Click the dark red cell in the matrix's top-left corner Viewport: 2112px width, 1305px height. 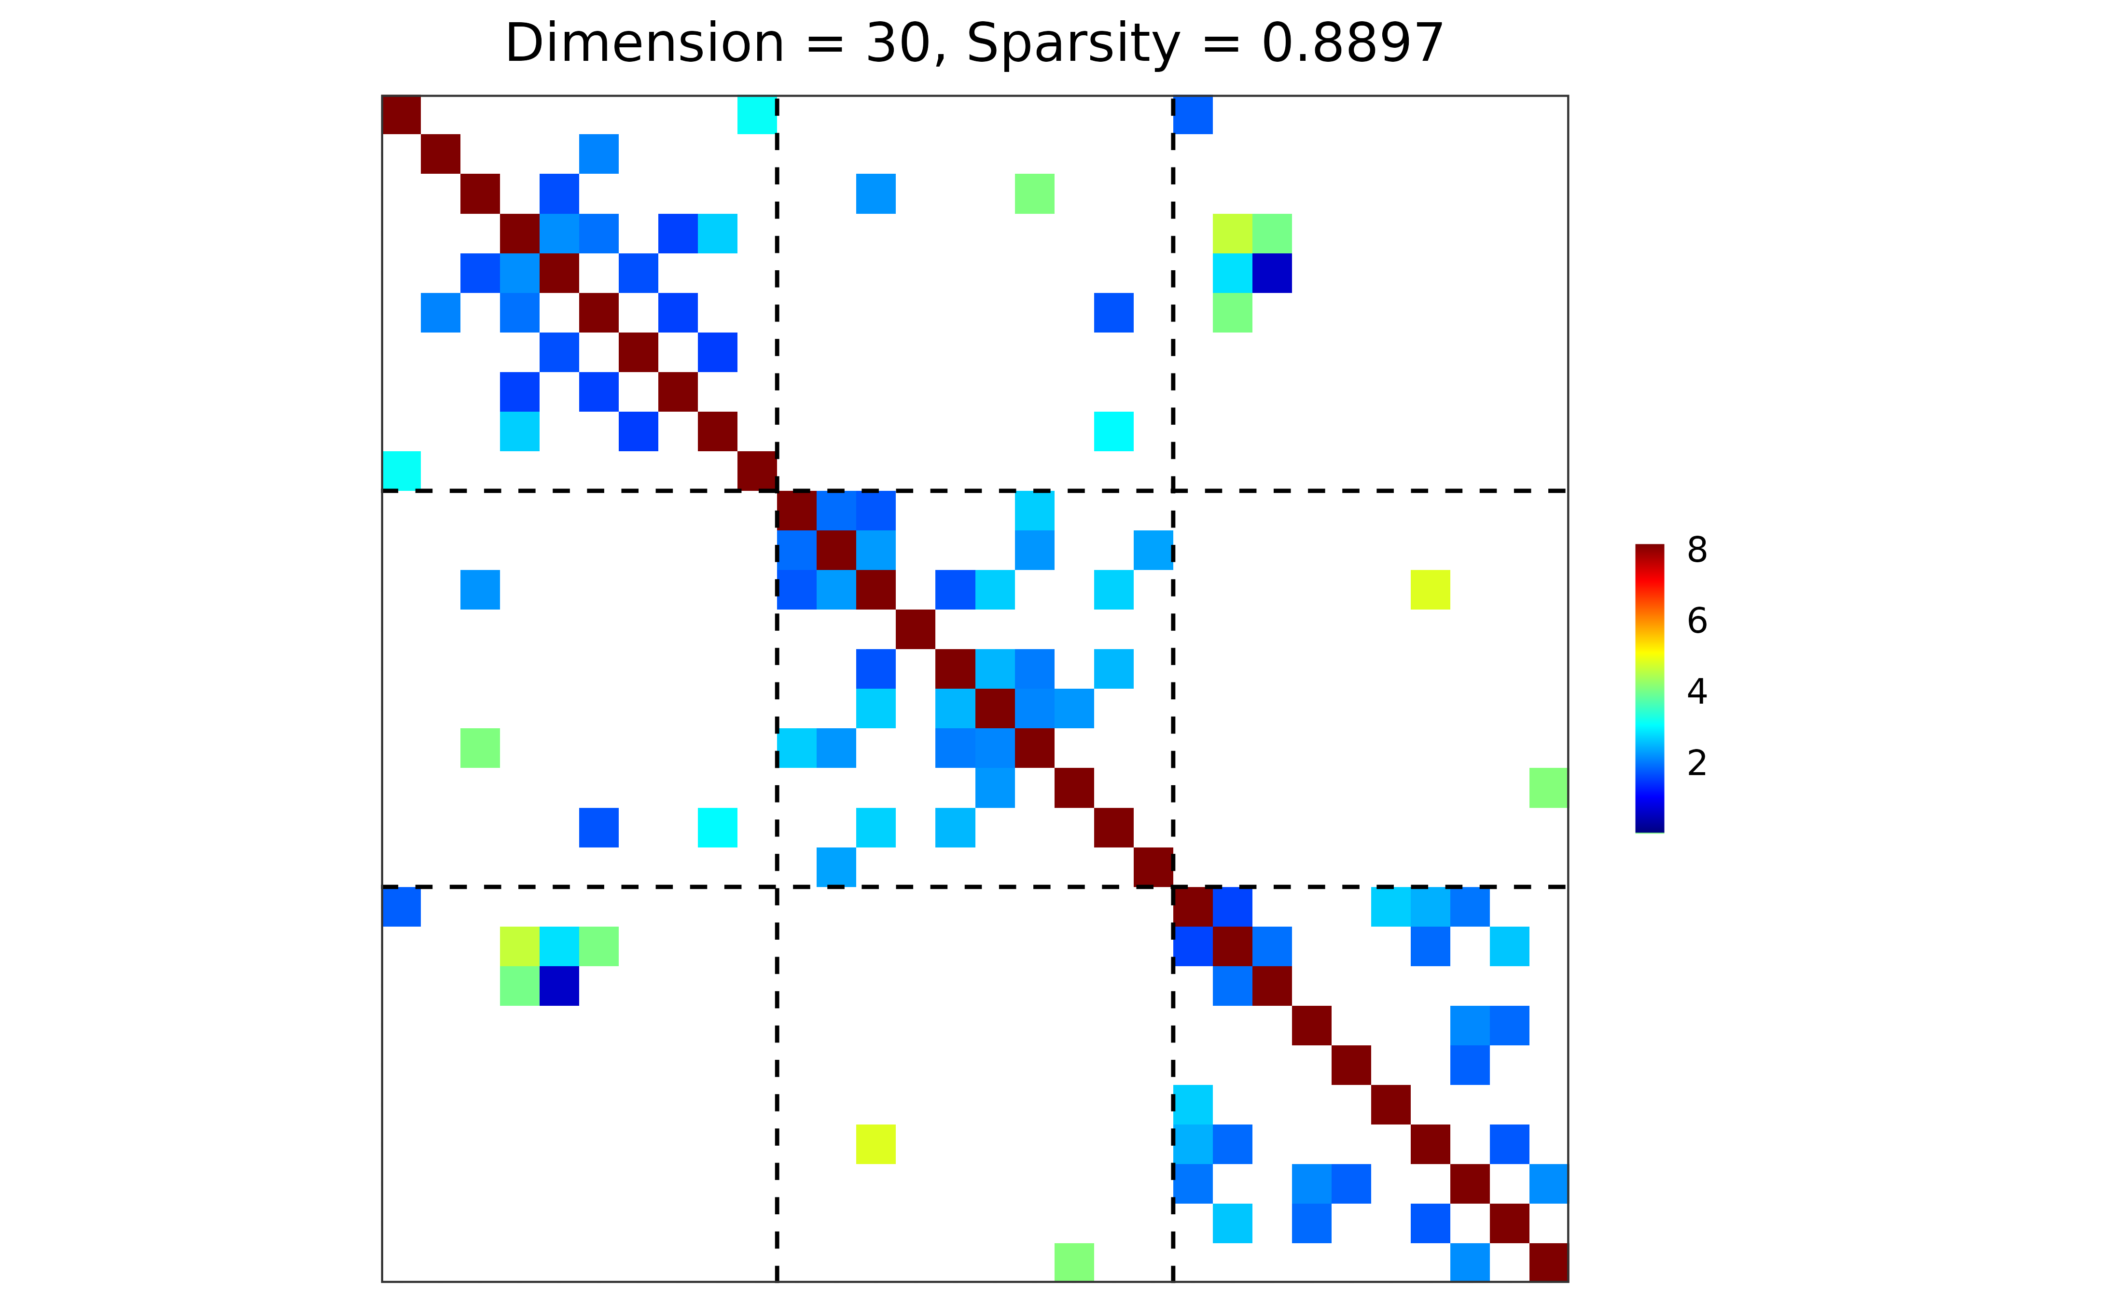402,115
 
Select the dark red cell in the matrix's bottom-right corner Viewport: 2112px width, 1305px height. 1548,1262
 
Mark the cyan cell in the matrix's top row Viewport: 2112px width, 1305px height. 757,115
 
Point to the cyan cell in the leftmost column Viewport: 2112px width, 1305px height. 402,471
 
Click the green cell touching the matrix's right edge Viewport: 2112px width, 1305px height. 1548,787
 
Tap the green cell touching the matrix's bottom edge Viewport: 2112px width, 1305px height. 1074,1262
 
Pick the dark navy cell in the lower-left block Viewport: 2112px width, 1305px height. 559,986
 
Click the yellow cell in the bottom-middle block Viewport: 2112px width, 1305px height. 876,1144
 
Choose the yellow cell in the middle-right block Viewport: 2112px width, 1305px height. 1430,589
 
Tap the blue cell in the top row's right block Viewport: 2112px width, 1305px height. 1193,115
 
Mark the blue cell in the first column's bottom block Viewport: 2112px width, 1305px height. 402,906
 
